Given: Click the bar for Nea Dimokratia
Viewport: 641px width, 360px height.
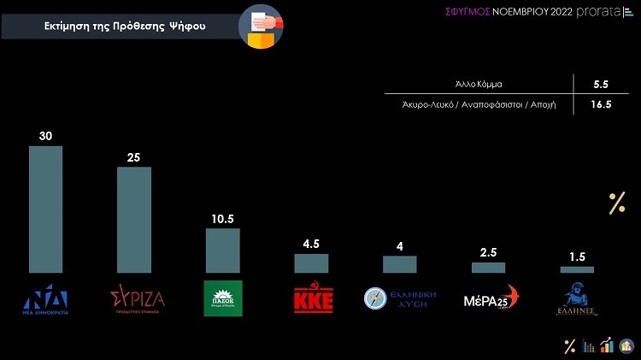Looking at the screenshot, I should (45, 209).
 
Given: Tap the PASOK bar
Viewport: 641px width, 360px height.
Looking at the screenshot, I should (222, 250).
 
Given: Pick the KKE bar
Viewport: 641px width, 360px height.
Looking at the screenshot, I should (311, 263).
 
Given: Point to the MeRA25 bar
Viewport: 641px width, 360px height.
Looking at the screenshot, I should (488, 267).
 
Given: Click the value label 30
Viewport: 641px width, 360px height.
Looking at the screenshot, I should (46, 136).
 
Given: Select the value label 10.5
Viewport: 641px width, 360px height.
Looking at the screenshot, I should (223, 218).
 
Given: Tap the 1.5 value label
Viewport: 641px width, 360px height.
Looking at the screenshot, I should (577, 257).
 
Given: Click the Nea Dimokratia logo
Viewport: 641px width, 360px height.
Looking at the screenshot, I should (47, 298).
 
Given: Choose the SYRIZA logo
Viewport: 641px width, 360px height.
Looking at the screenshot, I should (138, 298).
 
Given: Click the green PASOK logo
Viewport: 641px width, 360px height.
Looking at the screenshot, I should (223, 298).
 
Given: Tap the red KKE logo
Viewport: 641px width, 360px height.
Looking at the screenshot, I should (313, 299).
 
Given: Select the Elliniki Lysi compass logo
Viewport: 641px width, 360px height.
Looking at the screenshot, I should (377, 298).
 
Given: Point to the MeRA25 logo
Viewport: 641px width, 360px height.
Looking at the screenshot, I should (491, 299).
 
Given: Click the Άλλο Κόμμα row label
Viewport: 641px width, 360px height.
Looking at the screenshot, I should (478, 85).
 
